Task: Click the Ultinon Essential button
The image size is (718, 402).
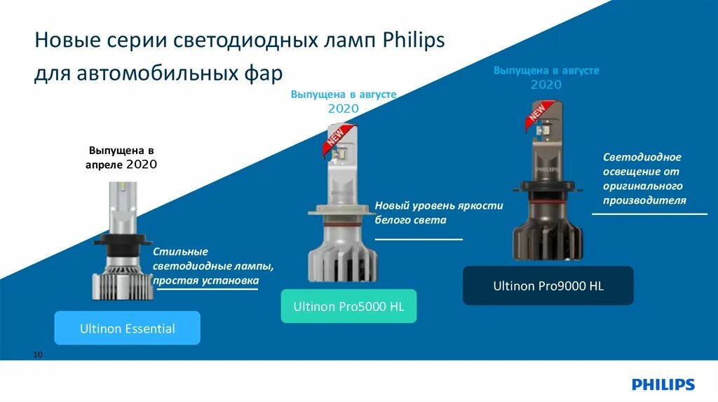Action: pyautogui.click(x=127, y=328)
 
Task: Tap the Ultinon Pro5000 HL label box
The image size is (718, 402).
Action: pyautogui.click(x=348, y=306)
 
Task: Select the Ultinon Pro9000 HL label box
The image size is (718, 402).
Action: pyautogui.click(x=548, y=286)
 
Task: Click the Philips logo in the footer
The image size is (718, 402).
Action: pyautogui.click(x=663, y=384)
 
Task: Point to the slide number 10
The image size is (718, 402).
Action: pyautogui.click(x=38, y=355)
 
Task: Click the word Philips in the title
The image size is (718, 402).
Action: pyautogui.click(x=414, y=41)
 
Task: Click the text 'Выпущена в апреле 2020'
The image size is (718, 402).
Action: pyautogui.click(x=121, y=158)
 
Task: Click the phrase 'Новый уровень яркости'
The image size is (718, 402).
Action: pyautogui.click(x=439, y=206)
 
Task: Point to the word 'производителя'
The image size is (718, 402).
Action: pyautogui.click(x=644, y=200)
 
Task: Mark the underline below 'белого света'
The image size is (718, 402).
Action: pyautogui.click(x=419, y=239)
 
